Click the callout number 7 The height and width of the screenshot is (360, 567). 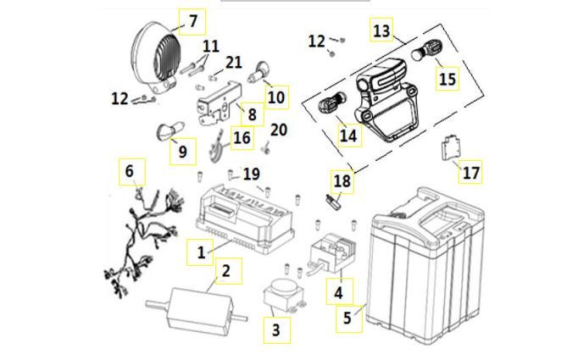coord(192,19)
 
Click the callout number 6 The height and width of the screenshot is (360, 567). coord(129,172)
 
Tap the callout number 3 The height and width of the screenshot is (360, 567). coord(275,329)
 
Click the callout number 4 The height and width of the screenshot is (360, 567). coord(340,293)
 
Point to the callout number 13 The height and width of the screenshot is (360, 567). coord(382,31)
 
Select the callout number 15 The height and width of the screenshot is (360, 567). coord(447,79)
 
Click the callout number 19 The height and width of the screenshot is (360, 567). coord(251,174)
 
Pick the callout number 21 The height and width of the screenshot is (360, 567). coord(233,62)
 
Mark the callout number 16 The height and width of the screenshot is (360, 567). coord(242,137)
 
